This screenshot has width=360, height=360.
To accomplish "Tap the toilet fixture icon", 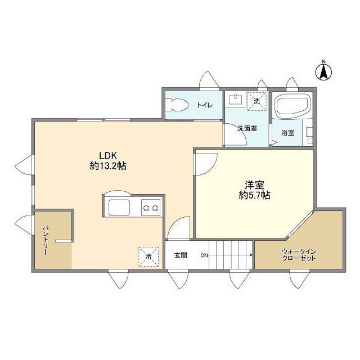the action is (x=177, y=105).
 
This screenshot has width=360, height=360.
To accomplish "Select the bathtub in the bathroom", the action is (x=293, y=105).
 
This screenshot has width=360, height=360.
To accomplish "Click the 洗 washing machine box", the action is (x=257, y=101).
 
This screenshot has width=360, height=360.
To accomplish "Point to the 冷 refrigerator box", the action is (x=148, y=256).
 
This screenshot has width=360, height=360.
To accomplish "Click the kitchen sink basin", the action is (x=119, y=208).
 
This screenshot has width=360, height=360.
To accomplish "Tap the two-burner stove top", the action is (x=151, y=208).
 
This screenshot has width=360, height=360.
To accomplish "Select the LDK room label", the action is (x=108, y=156).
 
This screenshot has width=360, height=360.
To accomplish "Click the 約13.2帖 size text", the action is (x=108, y=166).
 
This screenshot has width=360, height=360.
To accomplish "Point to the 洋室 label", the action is (x=254, y=184).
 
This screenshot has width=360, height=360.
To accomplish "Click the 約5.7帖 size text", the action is (x=254, y=195).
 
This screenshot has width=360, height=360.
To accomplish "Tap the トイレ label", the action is (x=205, y=105).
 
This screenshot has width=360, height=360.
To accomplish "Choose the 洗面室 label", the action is (x=247, y=128).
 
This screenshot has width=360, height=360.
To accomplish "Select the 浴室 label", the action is (x=288, y=133).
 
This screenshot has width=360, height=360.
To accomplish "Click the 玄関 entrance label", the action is (x=181, y=255).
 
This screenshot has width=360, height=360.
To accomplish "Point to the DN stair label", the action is (x=204, y=255).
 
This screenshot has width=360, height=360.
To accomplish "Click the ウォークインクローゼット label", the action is (x=299, y=255).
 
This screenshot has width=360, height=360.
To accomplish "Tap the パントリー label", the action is (x=45, y=241).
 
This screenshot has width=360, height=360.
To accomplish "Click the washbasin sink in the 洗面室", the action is (x=236, y=99).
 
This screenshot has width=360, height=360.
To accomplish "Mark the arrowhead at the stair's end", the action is (x=251, y=255).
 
